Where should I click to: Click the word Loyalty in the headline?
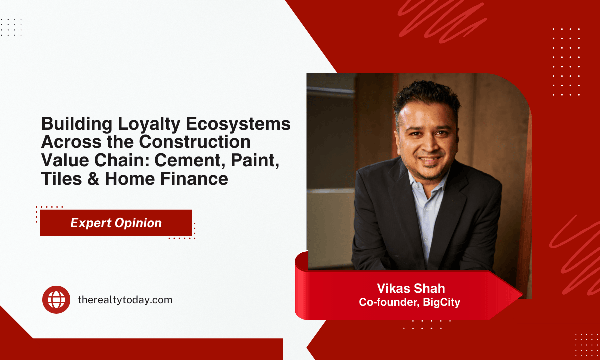click(140, 124)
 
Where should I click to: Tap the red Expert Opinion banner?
click(116, 223)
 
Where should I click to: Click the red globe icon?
click(56, 300)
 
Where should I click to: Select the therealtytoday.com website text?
click(125, 300)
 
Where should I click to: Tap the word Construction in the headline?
click(195, 142)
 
